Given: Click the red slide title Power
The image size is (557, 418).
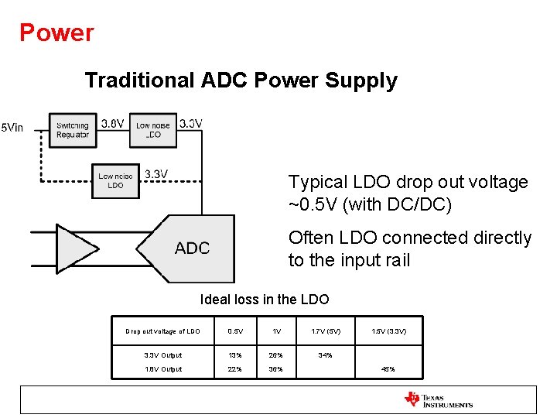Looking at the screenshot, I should [56, 33].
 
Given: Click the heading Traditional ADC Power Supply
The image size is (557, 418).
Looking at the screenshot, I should [241, 81].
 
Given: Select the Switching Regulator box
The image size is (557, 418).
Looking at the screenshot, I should [73, 130].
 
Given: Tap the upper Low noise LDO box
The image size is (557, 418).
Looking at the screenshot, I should [153, 130].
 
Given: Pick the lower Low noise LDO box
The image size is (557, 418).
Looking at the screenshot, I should [115, 181].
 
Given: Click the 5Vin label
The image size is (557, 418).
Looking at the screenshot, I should [12, 128].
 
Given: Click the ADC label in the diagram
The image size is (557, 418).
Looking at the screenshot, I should [192, 248].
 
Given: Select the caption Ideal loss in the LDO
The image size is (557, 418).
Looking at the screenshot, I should [265, 300].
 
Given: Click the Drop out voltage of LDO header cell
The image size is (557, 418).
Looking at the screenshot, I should [162, 331].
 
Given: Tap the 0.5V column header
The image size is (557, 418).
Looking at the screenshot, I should [235, 331].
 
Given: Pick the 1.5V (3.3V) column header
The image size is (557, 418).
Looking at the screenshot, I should [388, 331].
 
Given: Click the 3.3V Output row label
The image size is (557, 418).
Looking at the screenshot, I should [162, 355].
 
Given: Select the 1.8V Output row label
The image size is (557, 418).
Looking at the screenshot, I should [162, 369].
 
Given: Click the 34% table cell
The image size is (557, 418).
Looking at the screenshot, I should [326, 355].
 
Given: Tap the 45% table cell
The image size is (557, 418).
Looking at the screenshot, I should [388, 369].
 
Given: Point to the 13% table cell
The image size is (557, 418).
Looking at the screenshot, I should [235, 355].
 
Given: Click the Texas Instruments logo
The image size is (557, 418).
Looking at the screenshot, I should [438, 399].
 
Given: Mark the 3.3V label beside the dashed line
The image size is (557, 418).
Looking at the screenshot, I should [155, 174].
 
